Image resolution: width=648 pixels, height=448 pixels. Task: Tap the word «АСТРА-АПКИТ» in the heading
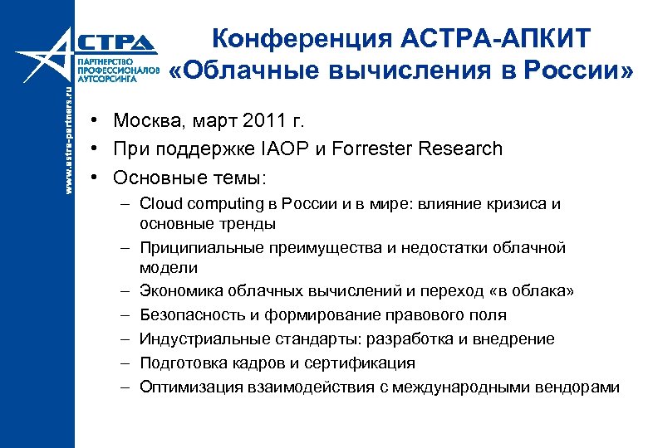point(508,38)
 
